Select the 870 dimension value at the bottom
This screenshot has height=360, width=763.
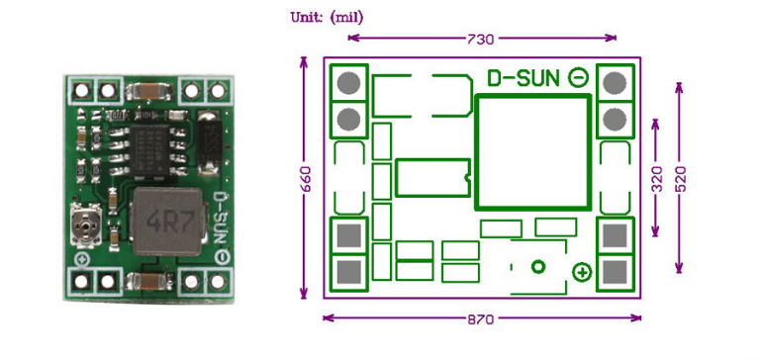click(x=482, y=319)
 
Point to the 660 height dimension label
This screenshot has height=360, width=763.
click(x=306, y=178)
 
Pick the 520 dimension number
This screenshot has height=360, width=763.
click(x=680, y=178)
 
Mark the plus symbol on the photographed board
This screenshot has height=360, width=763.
click(x=81, y=259)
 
